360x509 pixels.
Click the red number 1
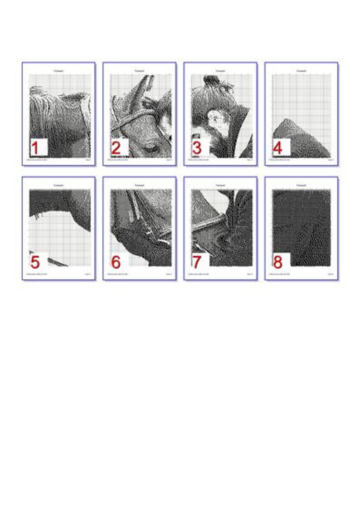click(35, 148)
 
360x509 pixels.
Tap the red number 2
click(116, 148)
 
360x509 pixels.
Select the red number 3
click(197, 148)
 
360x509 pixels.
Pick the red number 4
click(277, 148)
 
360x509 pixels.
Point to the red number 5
click(35, 262)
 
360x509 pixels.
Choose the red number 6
click(116, 262)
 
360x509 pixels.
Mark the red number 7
click(197, 262)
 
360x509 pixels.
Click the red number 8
click(277, 262)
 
